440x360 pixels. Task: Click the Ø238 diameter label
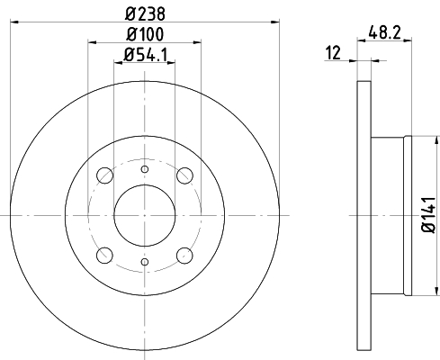click(145, 13)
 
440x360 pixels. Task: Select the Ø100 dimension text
click(145, 34)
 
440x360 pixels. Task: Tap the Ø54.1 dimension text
click(145, 55)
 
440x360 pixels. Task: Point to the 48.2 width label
click(384, 32)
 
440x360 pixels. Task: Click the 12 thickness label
click(333, 53)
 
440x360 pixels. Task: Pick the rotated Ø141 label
click(428, 214)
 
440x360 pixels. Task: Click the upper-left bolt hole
click(105, 175)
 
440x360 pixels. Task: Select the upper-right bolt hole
click(184, 175)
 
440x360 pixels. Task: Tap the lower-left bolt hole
click(105, 256)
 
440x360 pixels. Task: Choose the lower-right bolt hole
click(184, 256)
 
